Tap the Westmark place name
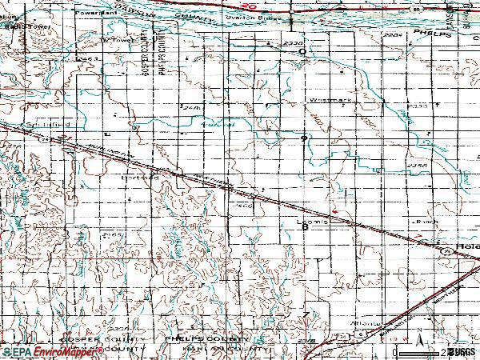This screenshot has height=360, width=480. [x=325, y=100]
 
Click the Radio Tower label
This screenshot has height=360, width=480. [x=23, y=26]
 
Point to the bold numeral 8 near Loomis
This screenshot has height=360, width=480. [x=305, y=227]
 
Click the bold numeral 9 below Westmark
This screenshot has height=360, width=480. [x=304, y=138]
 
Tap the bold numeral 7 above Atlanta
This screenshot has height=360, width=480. [x=306, y=311]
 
